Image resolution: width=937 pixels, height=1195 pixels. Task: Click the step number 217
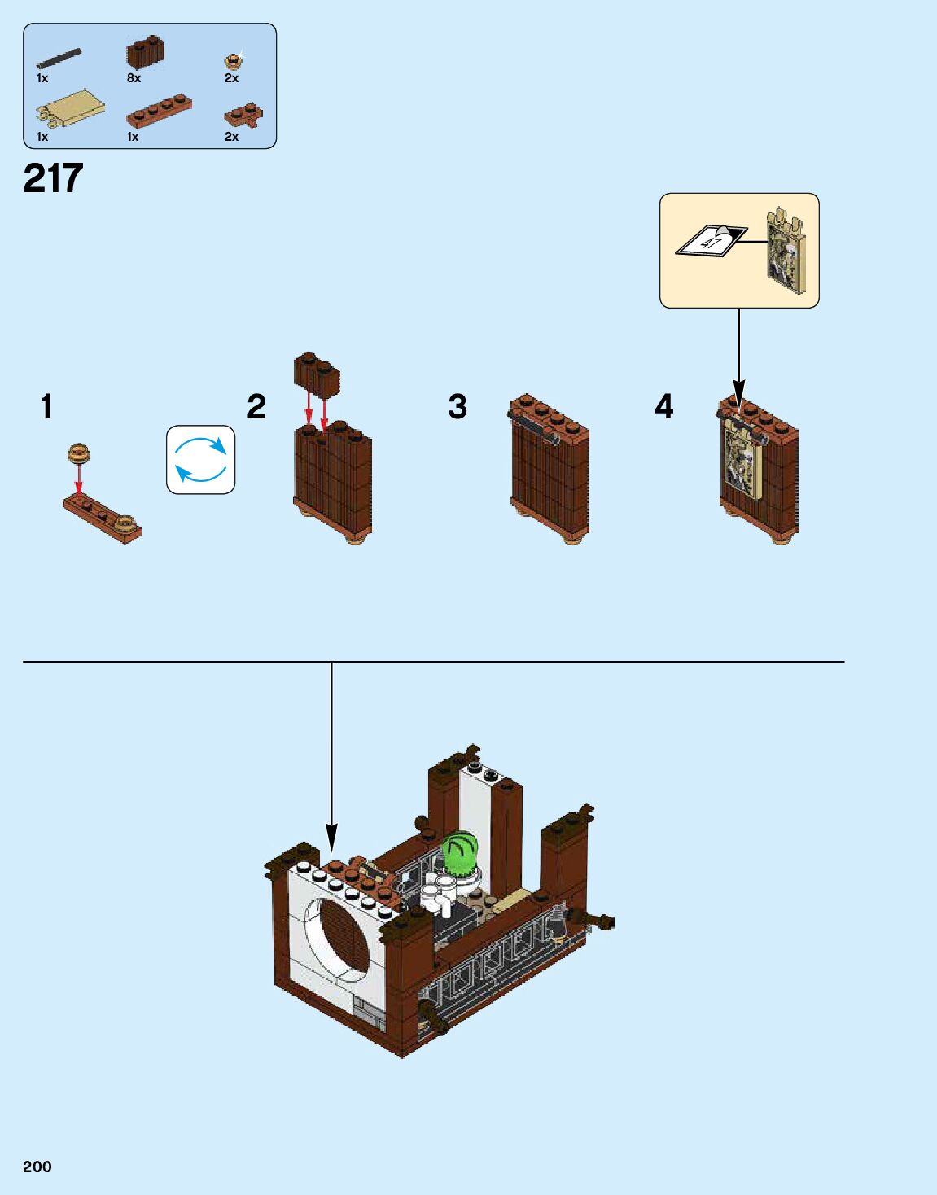coord(54,178)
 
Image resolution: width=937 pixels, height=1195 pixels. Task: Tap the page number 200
coord(37,1167)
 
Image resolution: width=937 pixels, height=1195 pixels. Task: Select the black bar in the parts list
coord(59,59)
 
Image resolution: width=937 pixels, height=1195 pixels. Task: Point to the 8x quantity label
coord(134,78)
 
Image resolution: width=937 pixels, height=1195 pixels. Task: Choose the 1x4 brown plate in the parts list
coord(159,111)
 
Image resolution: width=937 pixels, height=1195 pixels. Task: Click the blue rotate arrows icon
coord(201,460)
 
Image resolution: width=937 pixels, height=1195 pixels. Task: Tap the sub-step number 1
coord(46,406)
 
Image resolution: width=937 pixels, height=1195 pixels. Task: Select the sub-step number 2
coord(256,407)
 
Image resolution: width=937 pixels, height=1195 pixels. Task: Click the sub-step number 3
coord(458,407)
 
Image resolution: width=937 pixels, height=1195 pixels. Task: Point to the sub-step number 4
coord(664,406)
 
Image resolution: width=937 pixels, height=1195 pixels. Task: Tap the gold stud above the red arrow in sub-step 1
coord(79,453)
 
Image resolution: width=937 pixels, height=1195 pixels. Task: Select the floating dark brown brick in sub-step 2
coord(317,374)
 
